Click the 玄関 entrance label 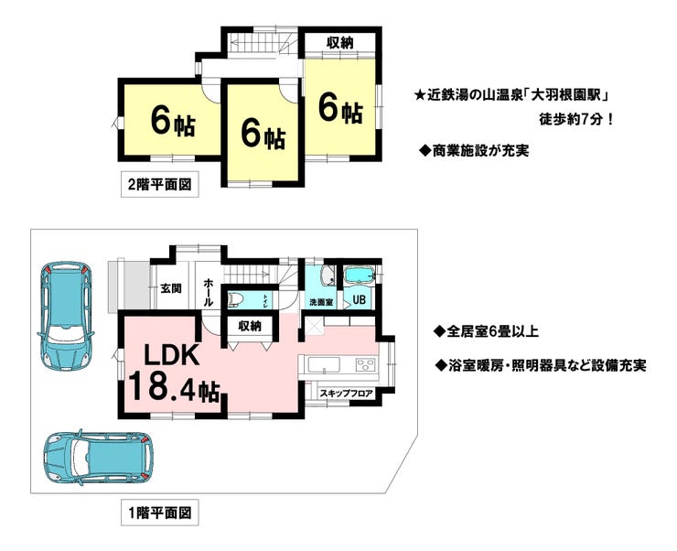[170, 288]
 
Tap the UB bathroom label [360, 298]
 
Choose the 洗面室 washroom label [319, 301]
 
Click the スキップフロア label [346, 393]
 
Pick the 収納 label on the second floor [341, 43]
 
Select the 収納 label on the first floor [249, 326]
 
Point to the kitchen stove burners [366, 366]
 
